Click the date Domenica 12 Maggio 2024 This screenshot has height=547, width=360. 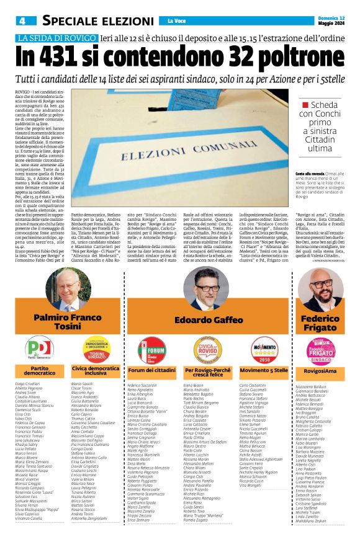tap(331, 20)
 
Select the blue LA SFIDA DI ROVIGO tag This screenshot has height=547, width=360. tap(53, 37)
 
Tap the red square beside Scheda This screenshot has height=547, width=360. tap(305, 105)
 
